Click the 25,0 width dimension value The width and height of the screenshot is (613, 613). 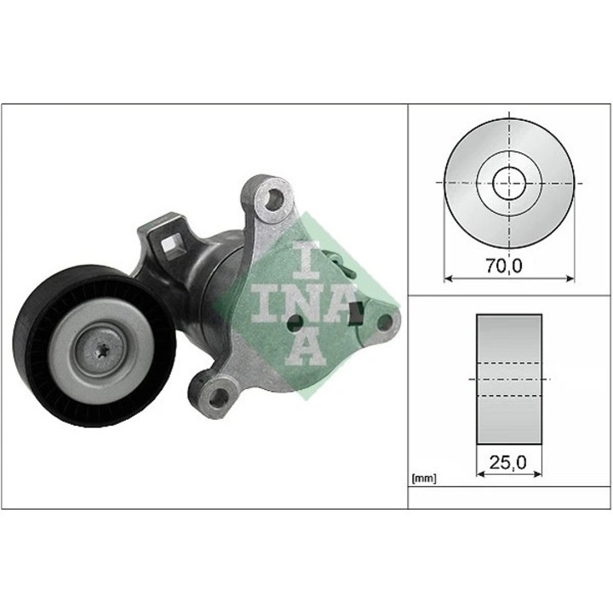pos(509,462)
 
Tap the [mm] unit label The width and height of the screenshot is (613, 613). pos(423,478)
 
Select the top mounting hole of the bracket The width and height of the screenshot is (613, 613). pos(273,201)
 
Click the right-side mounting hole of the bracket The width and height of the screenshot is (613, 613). pos(384,322)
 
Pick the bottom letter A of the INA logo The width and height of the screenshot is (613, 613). pos(307,345)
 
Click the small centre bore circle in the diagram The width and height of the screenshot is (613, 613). pos(509,182)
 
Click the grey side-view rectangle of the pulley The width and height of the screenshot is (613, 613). pos(509,378)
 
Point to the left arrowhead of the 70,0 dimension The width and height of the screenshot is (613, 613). pos(449,277)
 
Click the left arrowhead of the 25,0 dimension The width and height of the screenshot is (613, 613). pos(480,473)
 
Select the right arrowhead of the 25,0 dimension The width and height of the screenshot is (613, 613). pos(538,473)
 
